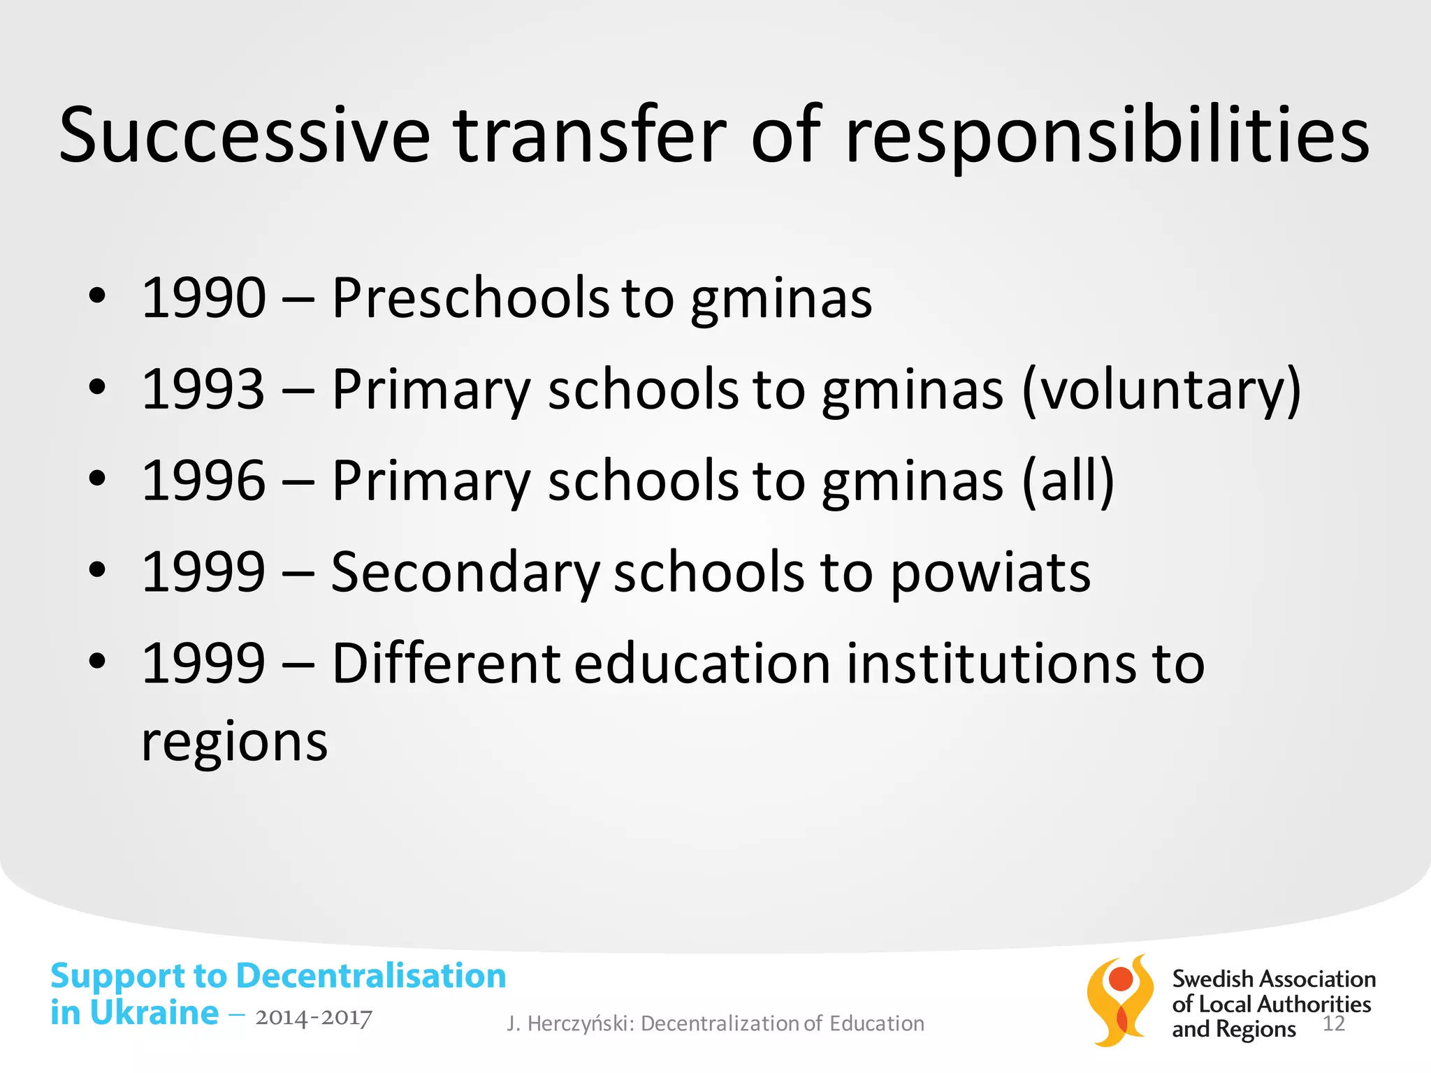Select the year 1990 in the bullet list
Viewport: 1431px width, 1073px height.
[203, 298]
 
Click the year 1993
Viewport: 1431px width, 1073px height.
[203, 389]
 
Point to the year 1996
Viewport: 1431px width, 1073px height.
[203, 481]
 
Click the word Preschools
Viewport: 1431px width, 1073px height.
[470, 298]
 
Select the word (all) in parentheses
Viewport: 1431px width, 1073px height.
[1068, 481]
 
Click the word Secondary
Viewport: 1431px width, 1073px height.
[465, 573]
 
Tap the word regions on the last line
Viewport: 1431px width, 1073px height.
[234, 743]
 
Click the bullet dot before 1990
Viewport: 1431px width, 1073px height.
[97, 296]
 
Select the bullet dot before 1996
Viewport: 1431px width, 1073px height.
[97, 479]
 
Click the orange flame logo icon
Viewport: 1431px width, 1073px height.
[1119, 1000]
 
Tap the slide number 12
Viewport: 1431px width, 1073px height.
[1334, 1024]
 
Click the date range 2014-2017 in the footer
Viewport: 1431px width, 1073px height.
[313, 1018]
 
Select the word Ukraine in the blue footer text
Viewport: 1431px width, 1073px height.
[154, 1013]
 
